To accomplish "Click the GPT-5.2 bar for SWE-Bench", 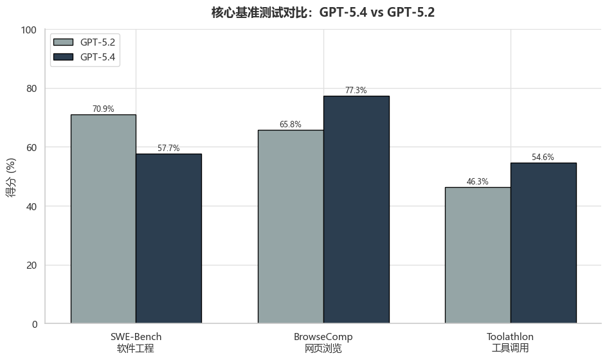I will click(104, 219).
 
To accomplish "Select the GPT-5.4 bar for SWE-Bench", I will click(168, 239).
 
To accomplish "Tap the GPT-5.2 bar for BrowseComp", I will click(291, 226).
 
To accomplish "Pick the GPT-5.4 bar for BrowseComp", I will click(356, 210).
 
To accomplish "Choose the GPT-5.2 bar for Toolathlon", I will click(478, 255).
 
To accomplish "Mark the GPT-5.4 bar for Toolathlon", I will click(543, 243).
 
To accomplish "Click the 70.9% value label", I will click(104, 109).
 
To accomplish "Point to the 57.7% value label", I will click(168, 148).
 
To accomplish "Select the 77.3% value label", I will click(356, 91).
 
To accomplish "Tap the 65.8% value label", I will click(291, 125).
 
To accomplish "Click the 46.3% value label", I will click(478, 182).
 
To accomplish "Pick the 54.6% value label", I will click(543, 157).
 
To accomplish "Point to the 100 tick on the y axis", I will click(29, 30).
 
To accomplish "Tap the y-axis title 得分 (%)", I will click(12, 177).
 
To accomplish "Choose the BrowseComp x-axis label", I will click(323, 343).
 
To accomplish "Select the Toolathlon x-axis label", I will click(510, 343).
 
